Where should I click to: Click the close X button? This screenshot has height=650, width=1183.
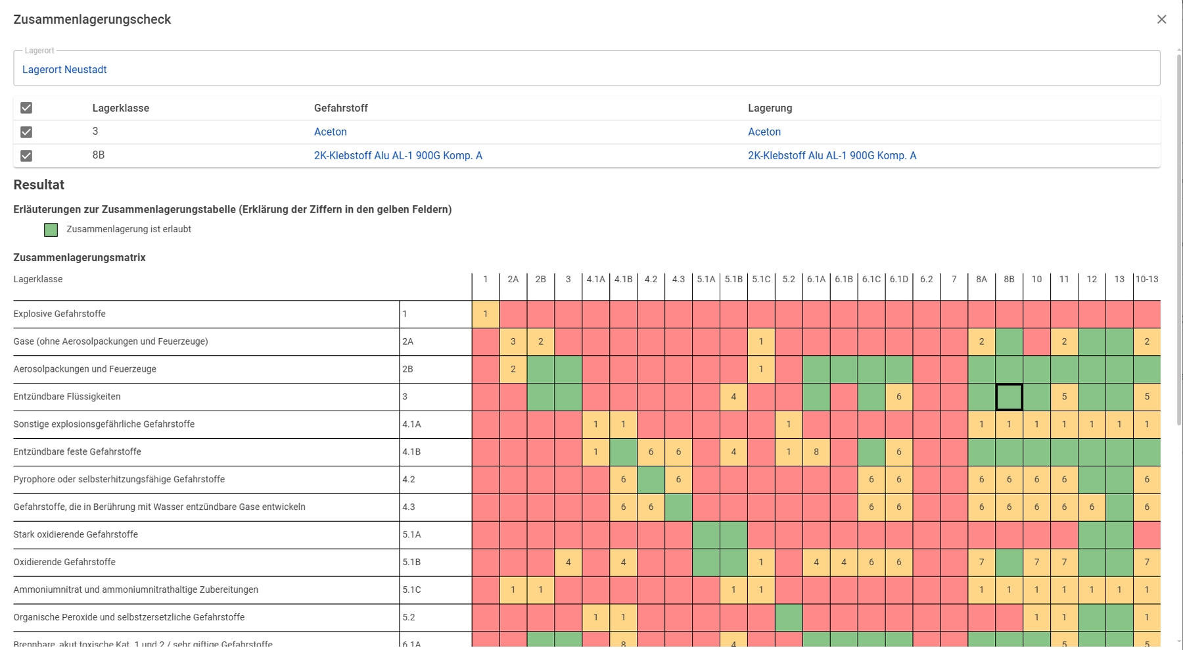(1161, 20)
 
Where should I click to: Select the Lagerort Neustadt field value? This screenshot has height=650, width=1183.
(64, 70)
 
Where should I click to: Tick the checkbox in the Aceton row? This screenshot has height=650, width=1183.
(26, 132)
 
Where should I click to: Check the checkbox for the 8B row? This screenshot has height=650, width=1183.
(26, 156)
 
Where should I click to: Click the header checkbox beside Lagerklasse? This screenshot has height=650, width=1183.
(26, 108)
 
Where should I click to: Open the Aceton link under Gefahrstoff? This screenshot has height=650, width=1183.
(330, 132)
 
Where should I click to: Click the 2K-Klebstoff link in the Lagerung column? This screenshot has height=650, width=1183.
(831, 156)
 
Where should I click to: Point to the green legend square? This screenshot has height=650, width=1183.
(51, 230)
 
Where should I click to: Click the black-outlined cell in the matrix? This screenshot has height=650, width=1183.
(1009, 397)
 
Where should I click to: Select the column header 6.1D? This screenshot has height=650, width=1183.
(898, 280)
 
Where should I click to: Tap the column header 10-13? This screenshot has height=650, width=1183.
(1146, 280)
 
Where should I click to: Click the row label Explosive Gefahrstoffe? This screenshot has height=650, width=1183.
(59, 314)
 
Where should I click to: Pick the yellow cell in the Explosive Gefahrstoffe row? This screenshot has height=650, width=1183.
(485, 314)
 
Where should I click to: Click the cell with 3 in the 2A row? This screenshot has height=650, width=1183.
(513, 341)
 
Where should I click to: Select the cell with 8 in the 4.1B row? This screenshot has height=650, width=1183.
(816, 452)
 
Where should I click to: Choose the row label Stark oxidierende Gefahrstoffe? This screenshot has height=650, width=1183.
(76, 535)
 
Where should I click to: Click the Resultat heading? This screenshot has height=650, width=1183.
(39, 185)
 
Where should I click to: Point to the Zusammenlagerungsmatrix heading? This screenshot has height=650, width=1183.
(80, 258)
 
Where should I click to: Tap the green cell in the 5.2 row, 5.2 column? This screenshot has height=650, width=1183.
(788, 618)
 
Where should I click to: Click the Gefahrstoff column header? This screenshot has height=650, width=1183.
(340, 109)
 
